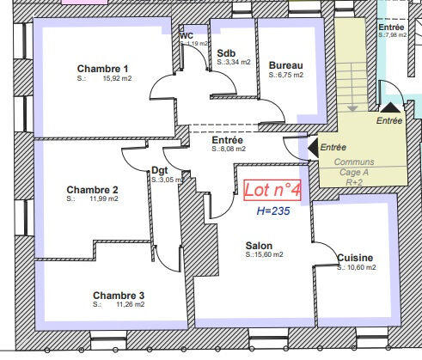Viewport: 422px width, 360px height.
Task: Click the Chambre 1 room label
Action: click(x=103, y=69)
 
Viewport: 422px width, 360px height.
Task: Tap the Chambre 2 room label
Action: click(x=92, y=189)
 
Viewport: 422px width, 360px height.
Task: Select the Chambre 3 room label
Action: click(x=119, y=295)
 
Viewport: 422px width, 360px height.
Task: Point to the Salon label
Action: click(x=260, y=246)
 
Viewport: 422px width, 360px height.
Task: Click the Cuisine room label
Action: click(x=355, y=258)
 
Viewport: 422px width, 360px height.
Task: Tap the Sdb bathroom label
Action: click(x=227, y=52)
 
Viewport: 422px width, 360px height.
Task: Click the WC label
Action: click(x=187, y=36)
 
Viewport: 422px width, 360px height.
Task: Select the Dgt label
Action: click(x=159, y=170)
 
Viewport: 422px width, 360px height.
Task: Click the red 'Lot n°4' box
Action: click(x=272, y=189)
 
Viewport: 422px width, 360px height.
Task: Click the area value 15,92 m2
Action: click(x=117, y=79)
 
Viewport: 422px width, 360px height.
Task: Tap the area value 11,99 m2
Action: click(x=103, y=198)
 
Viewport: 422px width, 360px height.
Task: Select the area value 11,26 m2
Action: click(x=130, y=304)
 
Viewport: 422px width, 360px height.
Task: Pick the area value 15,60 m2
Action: click(x=268, y=255)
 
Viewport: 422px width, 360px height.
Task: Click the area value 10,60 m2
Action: click(x=361, y=267)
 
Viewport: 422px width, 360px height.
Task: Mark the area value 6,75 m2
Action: click(x=290, y=75)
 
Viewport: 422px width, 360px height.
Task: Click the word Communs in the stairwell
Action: click(x=354, y=162)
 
